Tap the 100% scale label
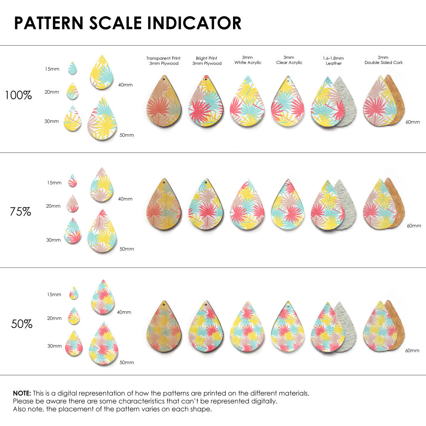(x=18, y=95)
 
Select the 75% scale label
(x=20, y=211)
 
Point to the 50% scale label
(x=22, y=324)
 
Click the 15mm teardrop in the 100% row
(x=72, y=68)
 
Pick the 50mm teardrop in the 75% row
(x=102, y=232)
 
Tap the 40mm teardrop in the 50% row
(x=102, y=297)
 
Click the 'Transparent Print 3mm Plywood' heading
(x=163, y=60)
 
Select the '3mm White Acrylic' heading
(x=247, y=60)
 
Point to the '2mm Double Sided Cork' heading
(x=383, y=60)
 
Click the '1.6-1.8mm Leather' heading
(x=334, y=60)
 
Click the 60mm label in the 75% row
(x=414, y=225)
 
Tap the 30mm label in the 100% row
(x=52, y=121)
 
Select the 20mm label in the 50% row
(x=55, y=318)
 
